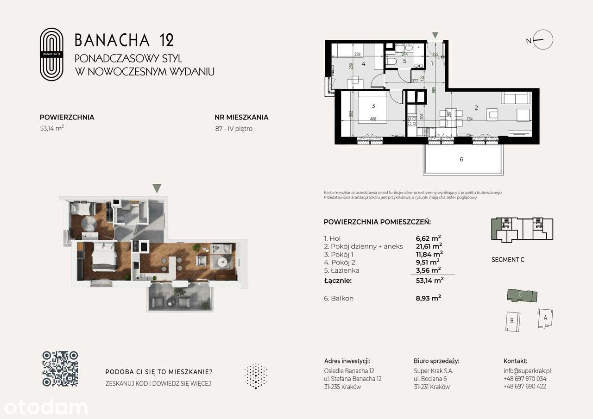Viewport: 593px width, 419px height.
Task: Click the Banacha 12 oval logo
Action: click(x=51, y=54)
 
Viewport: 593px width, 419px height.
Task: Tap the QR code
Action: click(x=60, y=369)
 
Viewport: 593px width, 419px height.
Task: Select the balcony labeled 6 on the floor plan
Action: click(x=461, y=159)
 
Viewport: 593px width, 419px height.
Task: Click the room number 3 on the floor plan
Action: click(x=373, y=106)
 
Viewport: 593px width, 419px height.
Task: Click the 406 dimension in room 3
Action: click(x=373, y=119)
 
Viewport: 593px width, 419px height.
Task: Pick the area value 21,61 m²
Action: click(x=429, y=246)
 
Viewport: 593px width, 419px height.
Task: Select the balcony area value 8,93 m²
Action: click(x=429, y=298)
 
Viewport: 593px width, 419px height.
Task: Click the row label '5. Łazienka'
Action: click(x=341, y=270)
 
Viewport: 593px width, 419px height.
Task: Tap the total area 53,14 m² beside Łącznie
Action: click(x=429, y=280)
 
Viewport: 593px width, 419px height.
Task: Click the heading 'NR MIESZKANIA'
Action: click(x=241, y=117)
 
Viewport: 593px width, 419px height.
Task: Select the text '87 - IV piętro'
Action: click(x=233, y=129)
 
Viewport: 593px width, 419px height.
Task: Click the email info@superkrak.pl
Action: click(x=527, y=371)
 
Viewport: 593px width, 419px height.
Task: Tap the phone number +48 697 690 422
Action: click(x=524, y=386)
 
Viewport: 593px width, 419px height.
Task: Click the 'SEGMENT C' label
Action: click(x=508, y=260)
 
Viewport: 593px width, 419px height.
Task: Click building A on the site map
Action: click(x=545, y=318)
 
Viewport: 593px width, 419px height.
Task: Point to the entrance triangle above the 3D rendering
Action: click(x=157, y=188)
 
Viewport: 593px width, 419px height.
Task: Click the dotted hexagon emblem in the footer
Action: click(x=255, y=375)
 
